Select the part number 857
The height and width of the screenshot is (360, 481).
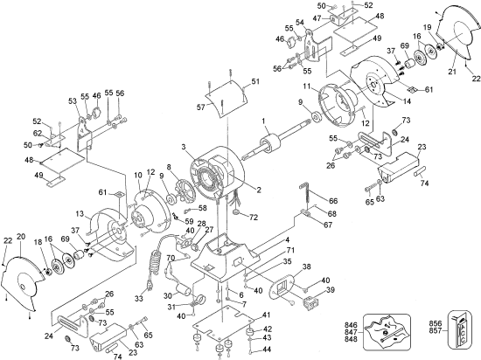(432, 329)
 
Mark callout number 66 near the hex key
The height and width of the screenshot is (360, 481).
(332, 201)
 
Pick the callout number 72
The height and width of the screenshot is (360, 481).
(254, 216)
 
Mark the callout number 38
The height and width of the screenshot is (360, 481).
(306, 266)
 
